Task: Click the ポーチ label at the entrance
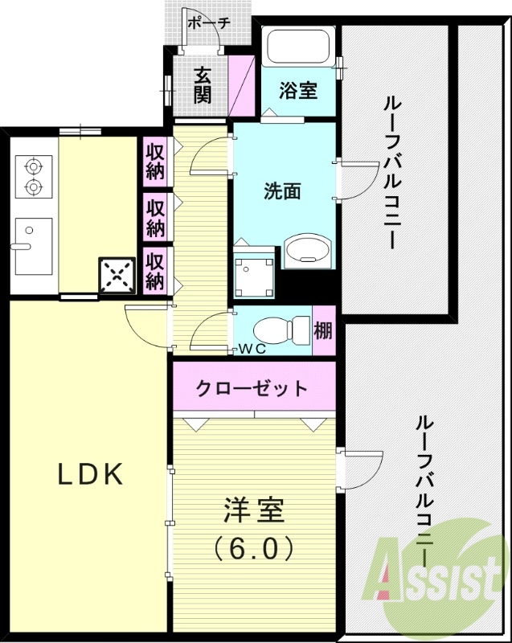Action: pos(208,23)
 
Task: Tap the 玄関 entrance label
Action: pos(203,84)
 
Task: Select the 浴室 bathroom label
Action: pos(297,91)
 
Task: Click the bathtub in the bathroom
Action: pos(298,47)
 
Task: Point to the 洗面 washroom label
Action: pos(283,191)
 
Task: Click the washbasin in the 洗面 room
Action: pos(307,251)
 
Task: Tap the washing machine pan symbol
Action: pos(254,271)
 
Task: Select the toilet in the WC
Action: pos(281,329)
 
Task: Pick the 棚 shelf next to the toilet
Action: pos(323,329)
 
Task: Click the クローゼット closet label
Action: pos(253,389)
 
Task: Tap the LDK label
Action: pos(90,475)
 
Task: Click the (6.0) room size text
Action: pos(253,548)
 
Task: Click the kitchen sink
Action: pos(32,246)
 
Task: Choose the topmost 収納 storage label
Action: pos(155,162)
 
